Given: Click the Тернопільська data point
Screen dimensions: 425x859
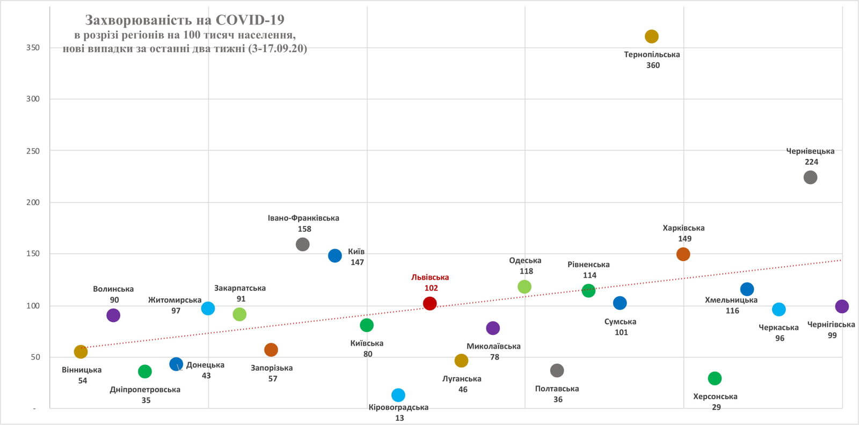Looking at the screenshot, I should coord(651,36).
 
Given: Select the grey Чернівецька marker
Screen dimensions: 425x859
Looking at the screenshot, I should coord(810,177).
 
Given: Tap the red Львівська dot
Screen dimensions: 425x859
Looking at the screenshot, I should coord(429,303).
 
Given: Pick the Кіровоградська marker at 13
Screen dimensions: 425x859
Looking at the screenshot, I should coord(398,395).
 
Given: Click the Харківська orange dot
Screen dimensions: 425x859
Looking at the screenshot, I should coord(683,254).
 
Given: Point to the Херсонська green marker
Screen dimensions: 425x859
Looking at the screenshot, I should coord(715,378).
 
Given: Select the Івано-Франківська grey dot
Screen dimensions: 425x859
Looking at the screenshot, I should coord(303,244).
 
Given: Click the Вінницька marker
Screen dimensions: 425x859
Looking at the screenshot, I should coord(81,351).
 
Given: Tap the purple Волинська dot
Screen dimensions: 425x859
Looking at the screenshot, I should coord(113,315).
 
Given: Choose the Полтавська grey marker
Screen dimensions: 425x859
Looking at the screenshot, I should coord(557,370).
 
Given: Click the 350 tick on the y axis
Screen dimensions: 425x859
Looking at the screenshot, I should coord(33,48).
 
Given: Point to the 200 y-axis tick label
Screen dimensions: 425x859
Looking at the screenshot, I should coord(33,202).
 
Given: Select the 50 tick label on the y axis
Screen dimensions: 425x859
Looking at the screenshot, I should coord(35,357).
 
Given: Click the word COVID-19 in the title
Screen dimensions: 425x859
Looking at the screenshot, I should coord(250,20).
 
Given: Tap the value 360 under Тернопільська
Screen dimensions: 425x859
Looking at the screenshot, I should coord(653,65).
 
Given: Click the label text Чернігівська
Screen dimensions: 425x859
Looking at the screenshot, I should coord(831,325).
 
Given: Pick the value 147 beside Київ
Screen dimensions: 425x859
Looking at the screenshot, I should coord(357,262).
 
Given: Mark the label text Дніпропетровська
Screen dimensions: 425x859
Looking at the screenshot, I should coord(145,390).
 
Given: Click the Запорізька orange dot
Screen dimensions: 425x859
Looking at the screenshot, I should coord(271,350).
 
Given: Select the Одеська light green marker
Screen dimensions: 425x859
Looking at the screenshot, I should coord(525,287).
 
